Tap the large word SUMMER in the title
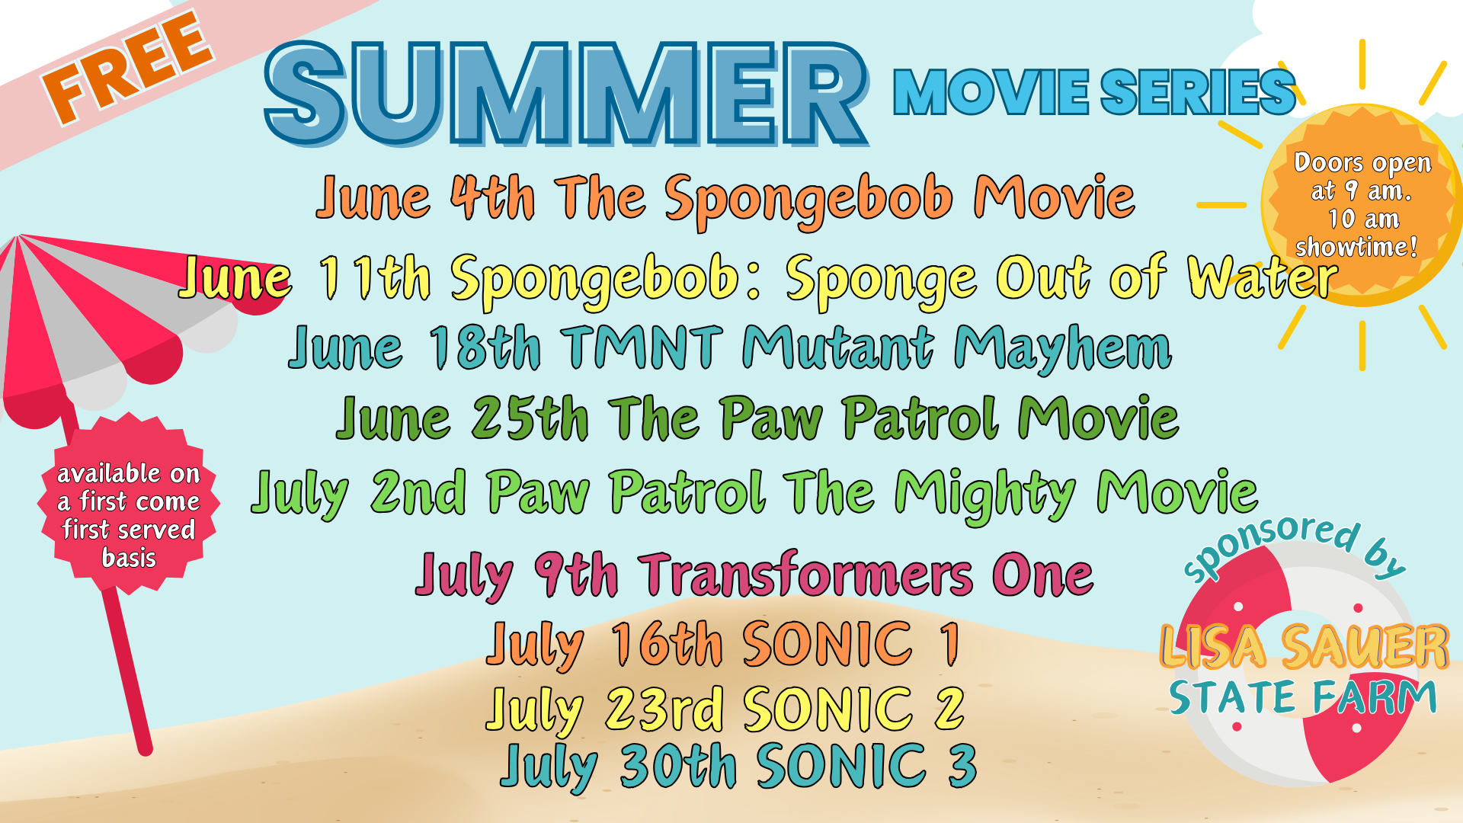(566, 94)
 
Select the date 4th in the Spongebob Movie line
(492, 197)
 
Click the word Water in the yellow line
(1262, 277)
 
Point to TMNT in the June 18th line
(645, 347)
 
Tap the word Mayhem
(1063, 349)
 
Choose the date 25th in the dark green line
(530, 418)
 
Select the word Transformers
(808, 574)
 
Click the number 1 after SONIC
(949, 644)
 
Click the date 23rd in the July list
(664, 709)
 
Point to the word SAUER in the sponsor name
(1365, 647)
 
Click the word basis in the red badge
(129, 557)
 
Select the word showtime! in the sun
(1356, 247)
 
